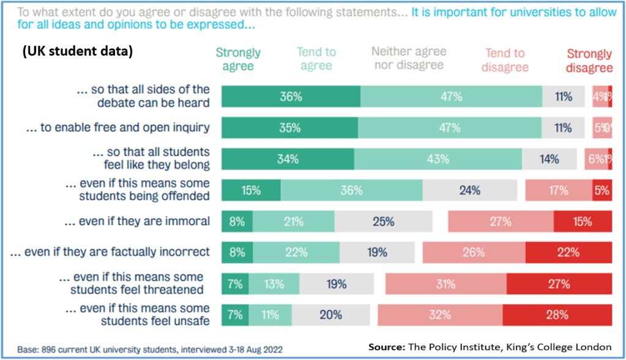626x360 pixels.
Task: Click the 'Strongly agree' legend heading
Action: [238, 59]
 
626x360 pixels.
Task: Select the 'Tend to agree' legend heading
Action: [316, 59]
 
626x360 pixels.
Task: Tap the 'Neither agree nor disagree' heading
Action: [409, 58]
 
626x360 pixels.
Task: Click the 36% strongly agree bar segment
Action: [291, 97]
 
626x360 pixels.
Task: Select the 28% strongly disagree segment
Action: [557, 315]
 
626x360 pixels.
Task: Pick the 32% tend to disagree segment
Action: [440, 315]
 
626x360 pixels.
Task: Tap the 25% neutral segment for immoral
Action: [384, 222]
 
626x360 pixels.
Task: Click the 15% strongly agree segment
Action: [251, 190]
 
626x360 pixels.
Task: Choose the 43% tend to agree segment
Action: [438, 159]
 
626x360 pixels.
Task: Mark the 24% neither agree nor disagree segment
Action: [470, 190]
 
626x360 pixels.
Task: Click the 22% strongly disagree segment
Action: [568, 252]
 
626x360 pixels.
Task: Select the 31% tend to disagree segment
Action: [445, 284]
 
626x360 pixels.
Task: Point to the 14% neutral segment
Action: [549, 159]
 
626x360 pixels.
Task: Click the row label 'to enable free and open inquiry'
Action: [118, 128]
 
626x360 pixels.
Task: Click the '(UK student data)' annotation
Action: [77, 52]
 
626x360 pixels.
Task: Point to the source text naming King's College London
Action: [490, 347]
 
